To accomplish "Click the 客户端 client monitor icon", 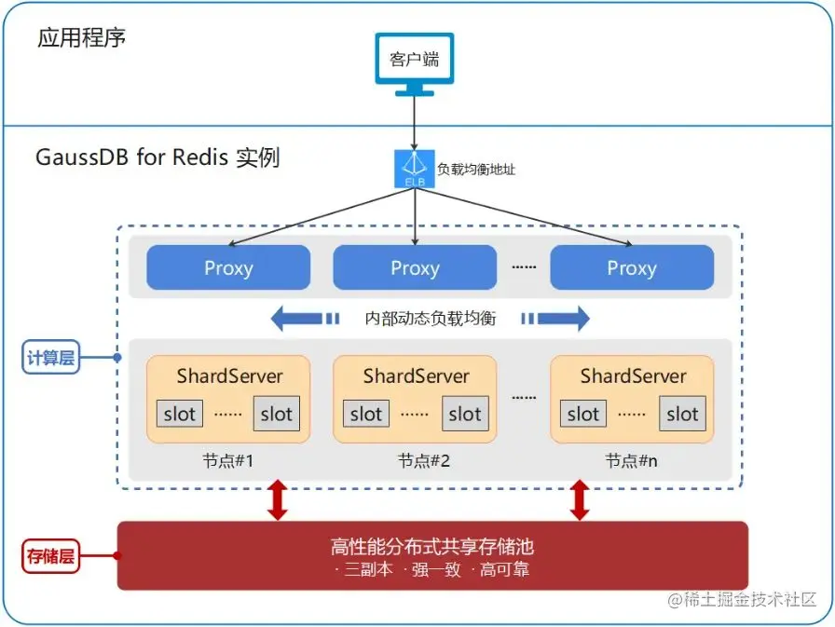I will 414,62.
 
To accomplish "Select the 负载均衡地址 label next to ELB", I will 476,170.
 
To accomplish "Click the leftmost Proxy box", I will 228,268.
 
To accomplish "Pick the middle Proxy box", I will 415,268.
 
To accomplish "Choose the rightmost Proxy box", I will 632,268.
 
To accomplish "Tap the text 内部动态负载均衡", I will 431,319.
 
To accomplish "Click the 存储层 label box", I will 51,557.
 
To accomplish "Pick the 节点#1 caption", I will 228,460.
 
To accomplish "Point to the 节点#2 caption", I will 416,460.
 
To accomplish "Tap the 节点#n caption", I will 632,460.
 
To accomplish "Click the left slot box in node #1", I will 180,415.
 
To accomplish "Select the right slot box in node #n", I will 682,415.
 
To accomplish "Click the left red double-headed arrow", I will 277,499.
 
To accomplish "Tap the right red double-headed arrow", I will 580,499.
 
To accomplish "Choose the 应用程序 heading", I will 82,38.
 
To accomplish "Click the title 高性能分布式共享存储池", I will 431,546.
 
